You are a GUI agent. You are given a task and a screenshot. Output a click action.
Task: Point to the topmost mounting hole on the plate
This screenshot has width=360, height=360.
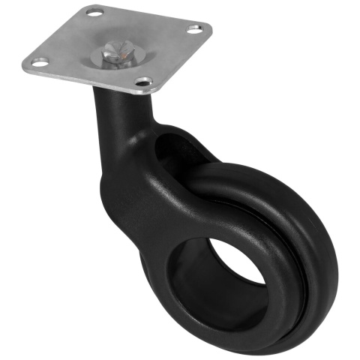(94, 13)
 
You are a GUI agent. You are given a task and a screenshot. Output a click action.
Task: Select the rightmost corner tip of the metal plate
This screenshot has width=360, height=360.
(211, 30)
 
